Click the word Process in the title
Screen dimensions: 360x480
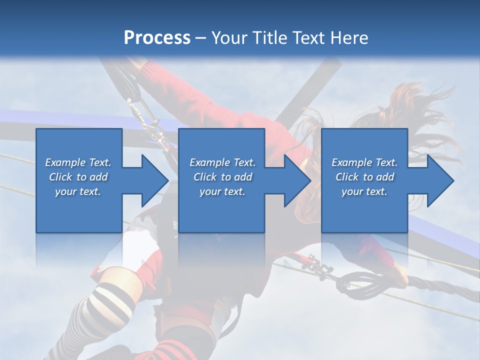coord(157,37)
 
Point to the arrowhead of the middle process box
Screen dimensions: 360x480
coord(296,180)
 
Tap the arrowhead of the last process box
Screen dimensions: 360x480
coord(439,180)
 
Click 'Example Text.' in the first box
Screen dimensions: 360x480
coord(78,162)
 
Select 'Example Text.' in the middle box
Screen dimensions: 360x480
coord(222,162)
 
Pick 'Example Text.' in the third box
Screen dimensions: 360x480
coord(364,162)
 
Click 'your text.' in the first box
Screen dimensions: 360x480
coord(78,191)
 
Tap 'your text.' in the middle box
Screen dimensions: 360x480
coord(222,191)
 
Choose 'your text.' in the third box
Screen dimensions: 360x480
coord(364,191)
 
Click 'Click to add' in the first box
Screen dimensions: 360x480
coord(78,177)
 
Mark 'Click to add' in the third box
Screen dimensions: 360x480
coord(364,177)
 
